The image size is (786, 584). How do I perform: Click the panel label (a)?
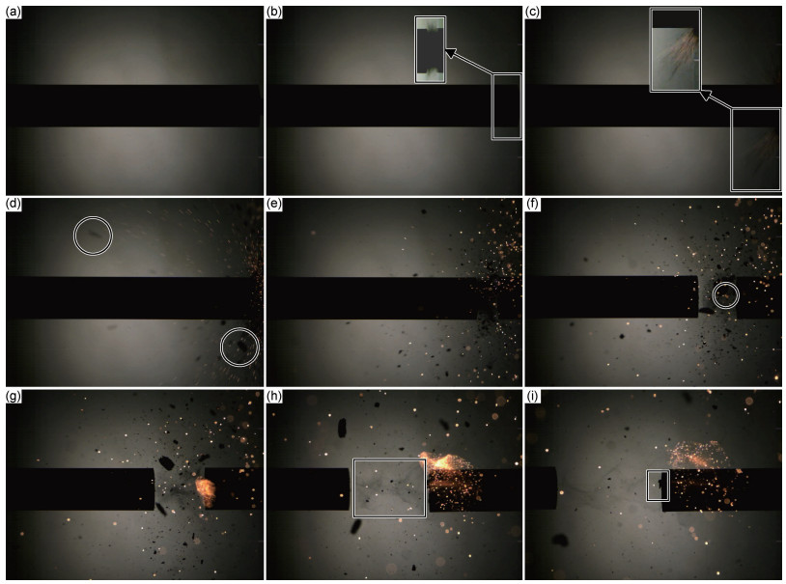coord(13,12)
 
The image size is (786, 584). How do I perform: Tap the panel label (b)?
coord(273,12)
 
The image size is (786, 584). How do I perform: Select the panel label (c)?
coord(532,12)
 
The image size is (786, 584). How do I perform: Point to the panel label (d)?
coord(13,204)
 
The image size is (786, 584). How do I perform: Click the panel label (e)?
coord(273,204)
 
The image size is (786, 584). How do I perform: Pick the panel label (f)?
coord(532,204)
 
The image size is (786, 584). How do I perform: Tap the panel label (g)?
coord(13,397)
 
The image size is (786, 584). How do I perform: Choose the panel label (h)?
coord(273,397)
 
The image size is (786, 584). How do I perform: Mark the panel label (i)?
coord(531,397)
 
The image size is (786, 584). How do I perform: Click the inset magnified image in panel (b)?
coord(430,49)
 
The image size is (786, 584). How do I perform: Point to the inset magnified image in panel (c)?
coord(675,50)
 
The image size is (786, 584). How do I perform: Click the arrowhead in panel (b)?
coord(451,52)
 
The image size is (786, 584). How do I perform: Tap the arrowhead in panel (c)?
coord(706,95)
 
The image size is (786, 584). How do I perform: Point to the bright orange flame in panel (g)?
coord(206,491)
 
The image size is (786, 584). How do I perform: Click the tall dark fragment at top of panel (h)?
coord(343,428)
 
